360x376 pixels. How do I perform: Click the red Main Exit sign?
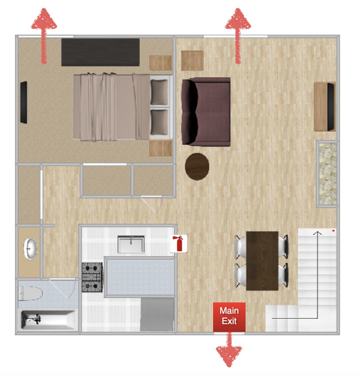[229, 317]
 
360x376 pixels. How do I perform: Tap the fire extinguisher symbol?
[179, 244]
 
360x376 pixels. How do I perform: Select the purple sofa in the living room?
[206, 111]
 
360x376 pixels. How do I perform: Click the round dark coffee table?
[197, 166]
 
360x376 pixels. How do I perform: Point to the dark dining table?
[263, 261]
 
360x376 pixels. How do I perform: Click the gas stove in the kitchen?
[92, 277]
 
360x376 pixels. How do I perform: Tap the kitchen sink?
[131, 244]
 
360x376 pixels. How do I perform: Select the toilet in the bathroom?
[30, 293]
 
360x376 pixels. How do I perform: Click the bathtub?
[48, 320]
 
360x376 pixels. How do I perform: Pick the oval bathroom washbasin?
[30, 249]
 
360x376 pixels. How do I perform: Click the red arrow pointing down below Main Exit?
[229, 350]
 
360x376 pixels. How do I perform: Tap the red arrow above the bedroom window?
[44, 36]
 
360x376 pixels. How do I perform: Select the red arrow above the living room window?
[238, 36]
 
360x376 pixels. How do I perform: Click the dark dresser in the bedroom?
[101, 52]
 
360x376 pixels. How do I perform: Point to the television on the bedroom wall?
[24, 102]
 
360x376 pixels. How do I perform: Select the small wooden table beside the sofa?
[192, 61]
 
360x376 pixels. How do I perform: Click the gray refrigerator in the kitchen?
[157, 314]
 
